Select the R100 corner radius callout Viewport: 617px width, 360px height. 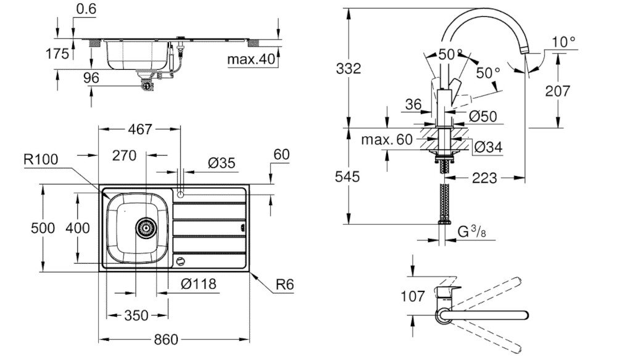41,159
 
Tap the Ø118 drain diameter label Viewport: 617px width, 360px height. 199,285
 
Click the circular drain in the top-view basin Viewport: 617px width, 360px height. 146,227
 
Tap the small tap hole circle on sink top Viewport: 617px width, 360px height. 180,195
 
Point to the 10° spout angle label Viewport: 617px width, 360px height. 563,42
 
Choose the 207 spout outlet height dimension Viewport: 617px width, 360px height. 558,91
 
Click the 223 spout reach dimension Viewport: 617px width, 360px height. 484,178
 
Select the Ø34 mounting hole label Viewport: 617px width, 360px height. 489,146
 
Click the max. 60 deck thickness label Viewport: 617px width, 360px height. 386,140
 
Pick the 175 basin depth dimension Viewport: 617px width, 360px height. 58,54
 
